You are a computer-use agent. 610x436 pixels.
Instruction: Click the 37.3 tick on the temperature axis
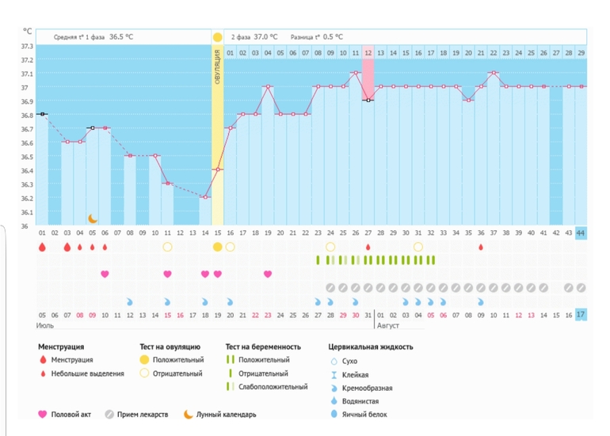pos(27,47)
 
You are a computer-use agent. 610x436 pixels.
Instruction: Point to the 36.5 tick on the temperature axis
pos(27,157)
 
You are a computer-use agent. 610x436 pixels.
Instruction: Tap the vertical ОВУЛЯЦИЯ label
pos(217,67)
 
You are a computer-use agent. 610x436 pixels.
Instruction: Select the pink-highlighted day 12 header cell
pos(368,53)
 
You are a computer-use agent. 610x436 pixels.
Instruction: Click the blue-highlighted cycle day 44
pos(581,233)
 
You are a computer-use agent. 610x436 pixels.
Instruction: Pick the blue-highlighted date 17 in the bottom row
pos(581,315)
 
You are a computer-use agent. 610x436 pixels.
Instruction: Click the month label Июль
pos(45,325)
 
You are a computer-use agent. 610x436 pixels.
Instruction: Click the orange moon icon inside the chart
pos(93,218)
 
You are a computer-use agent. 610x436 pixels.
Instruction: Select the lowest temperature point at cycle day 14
pos(205,197)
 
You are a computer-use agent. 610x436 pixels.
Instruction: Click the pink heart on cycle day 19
pos(268,275)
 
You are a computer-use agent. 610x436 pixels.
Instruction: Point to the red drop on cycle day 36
pos(481,247)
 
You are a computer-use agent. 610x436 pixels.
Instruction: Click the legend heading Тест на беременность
pos(263,347)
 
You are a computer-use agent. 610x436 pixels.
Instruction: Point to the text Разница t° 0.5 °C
pos(317,37)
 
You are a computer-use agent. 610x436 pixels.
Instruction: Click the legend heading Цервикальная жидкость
pos(370,347)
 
